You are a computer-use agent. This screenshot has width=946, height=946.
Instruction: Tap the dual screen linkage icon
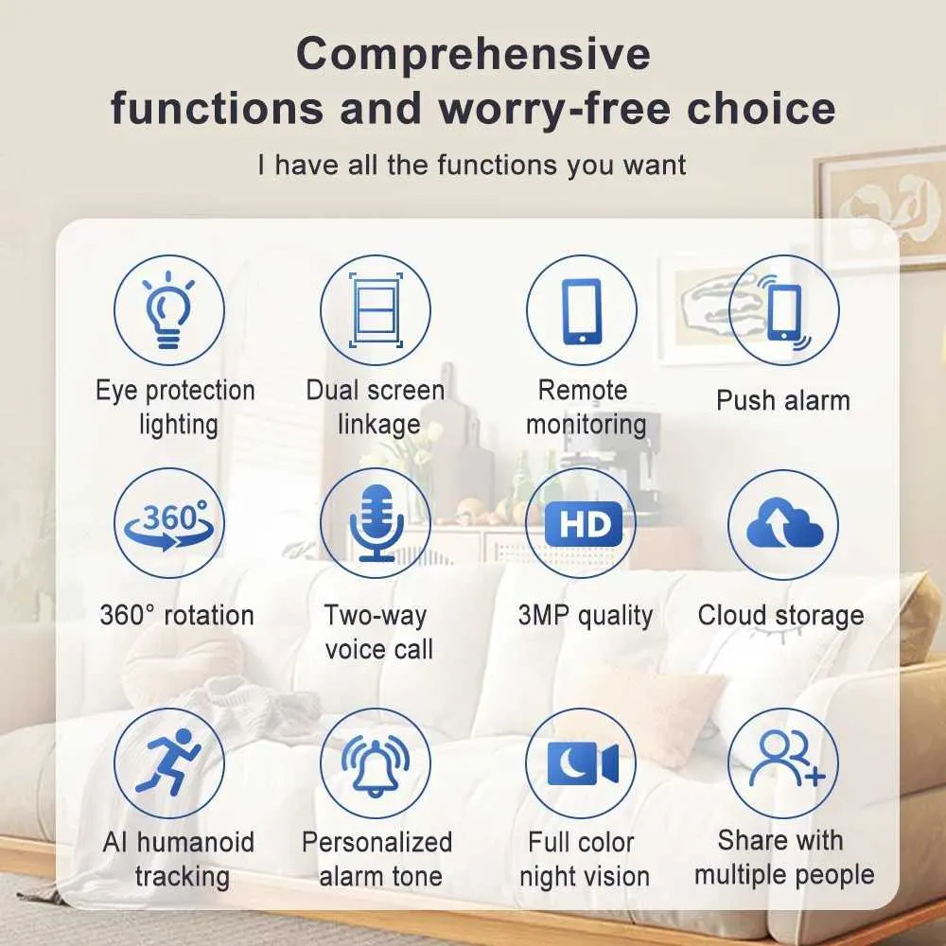click(x=376, y=309)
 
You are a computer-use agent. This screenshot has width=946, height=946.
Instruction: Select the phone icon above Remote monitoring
click(x=582, y=310)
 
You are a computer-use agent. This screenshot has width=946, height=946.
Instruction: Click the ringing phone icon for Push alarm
click(x=783, y=312)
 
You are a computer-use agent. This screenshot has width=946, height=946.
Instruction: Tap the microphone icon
click(x=377, y=522)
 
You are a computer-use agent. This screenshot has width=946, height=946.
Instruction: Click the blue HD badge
click(x=583, y=524)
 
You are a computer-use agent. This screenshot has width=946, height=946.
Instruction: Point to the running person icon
click(x=168, y=762)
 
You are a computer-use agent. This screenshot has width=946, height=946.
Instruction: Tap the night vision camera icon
click(x=583, y=763)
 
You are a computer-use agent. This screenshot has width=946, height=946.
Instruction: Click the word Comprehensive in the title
click(x=474, y=54)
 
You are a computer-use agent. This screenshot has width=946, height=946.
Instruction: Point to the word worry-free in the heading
click(x=554, y=109)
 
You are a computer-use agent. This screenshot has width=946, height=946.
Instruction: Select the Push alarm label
click(x=783, y=400)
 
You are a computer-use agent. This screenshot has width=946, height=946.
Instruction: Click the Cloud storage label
click(x=780, y=616)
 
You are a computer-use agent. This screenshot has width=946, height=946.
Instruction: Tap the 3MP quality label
click(x=586, y=616)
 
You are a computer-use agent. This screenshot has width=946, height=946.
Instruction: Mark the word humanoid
click(x=196, y=842)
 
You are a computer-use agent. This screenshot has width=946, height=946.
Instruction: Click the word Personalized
click(x=377, y=842)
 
